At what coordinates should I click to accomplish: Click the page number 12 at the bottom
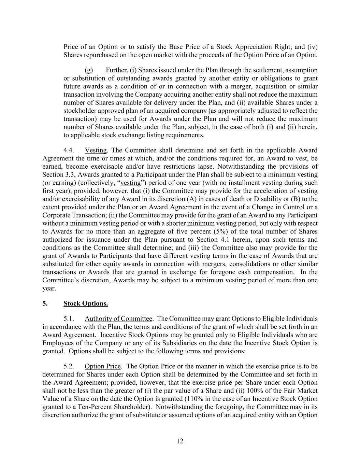[x=180, y=441]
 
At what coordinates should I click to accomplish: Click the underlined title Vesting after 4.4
[x=96, y=150]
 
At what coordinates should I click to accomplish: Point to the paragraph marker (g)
[x=89, y=70]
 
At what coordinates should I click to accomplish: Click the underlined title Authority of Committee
[x=118, y=319]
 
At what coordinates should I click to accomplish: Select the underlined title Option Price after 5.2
[x=102, y=366]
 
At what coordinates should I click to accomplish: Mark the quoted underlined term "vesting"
[x=131, y=183]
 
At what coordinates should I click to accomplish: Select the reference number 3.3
[x=71, y=175]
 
